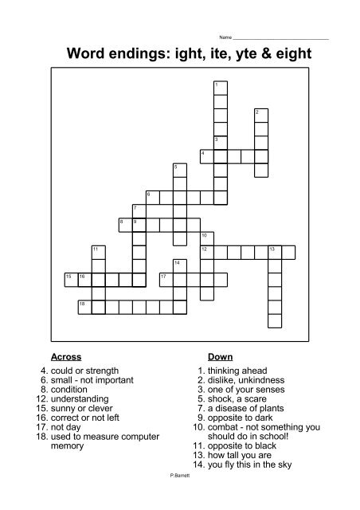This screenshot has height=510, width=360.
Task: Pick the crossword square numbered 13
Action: point(275,252)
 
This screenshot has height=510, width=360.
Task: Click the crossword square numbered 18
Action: point(85,305)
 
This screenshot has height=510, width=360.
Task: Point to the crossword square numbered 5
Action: point(180,169)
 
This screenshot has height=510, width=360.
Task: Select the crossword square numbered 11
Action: point(99,252)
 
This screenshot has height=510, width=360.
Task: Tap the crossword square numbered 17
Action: point(166,278)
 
